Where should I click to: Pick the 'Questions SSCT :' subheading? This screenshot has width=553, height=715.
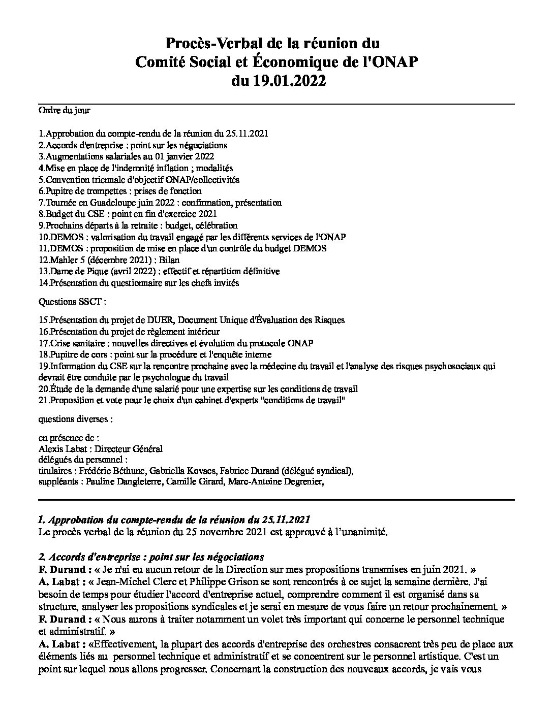[73, 302]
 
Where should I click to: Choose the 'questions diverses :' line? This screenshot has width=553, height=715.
[76, 419]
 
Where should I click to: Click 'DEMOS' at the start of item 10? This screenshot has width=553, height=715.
[61, 237]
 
